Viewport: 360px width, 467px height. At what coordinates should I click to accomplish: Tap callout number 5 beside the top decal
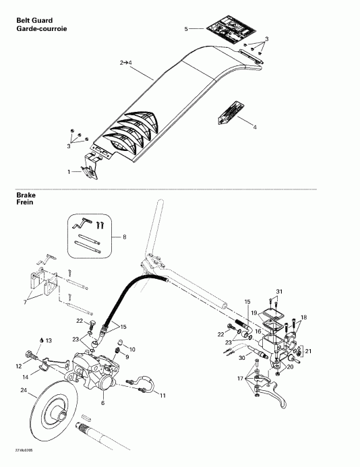coord(187,29)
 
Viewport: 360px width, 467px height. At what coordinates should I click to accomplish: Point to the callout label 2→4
coord(126,62)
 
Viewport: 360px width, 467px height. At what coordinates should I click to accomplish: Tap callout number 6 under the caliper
coord(102,403)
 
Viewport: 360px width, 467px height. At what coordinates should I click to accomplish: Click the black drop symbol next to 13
coord(40,341)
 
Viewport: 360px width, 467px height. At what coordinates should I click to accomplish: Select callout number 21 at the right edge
coord(309,352)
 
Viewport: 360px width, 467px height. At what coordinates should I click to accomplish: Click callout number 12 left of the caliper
coord(19,366)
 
